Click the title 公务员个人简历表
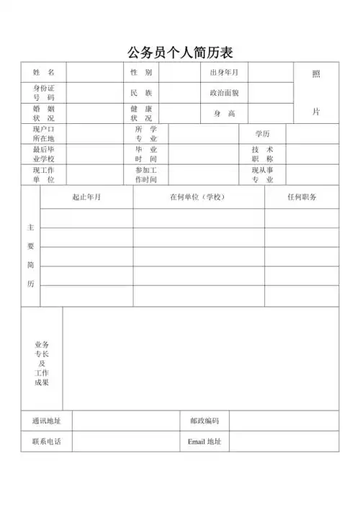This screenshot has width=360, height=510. tap(180, 53)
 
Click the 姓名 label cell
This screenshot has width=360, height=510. tap(43, 73)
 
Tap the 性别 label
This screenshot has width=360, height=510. tap(141, 73)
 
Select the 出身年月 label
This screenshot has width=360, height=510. tap(224, 73)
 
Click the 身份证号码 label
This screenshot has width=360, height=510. tap(43, 93)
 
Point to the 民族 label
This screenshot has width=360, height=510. tap(141, 93)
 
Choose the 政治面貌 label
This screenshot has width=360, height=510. tap(224, 93)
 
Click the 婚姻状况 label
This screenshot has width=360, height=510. tap(43, 113)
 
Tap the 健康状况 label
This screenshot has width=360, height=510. tap(141, 113)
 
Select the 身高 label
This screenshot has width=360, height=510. tap(224, 113)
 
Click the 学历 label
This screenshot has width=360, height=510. tap(262, 134)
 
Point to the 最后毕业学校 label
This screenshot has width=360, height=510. tap(43, 154)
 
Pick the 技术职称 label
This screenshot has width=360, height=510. tap(262, 154)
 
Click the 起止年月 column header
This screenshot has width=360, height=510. tap(86, 197)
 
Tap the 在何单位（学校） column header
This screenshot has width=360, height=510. tap(198, 197)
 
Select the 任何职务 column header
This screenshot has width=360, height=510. tap(302, 197)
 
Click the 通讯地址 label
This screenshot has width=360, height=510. tap(46, 421)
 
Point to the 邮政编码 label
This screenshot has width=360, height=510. tap(204, 421)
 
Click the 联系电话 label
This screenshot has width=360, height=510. tap(46, 442)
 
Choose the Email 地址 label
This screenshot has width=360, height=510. tap(204, 442)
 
